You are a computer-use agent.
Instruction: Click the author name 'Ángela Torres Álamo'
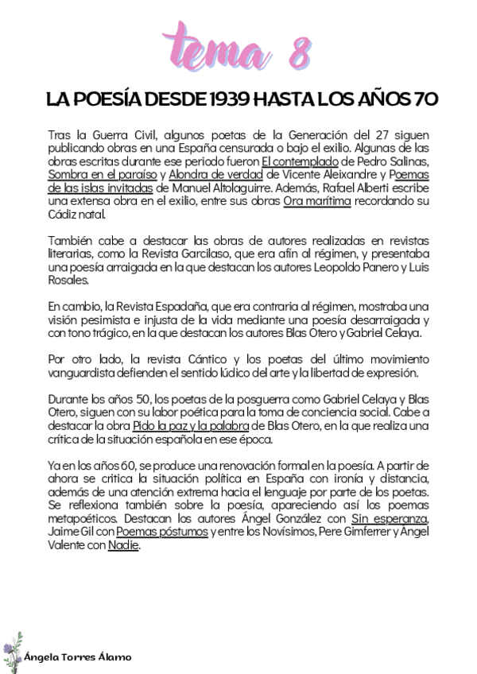coord(79,657)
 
